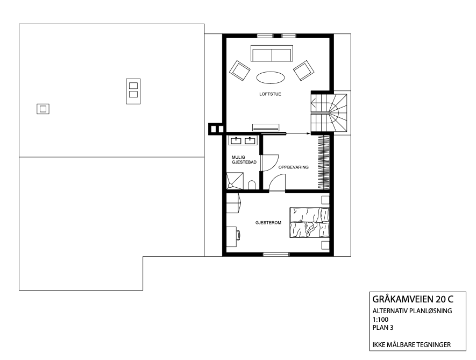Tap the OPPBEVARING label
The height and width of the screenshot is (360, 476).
(293, 167)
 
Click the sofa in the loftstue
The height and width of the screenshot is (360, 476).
(272, 55)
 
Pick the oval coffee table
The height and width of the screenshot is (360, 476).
(271, 77)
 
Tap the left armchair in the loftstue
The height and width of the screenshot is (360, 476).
(240, 70)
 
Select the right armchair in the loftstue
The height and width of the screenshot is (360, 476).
(304, 70)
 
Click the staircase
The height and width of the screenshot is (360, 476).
(330, 112)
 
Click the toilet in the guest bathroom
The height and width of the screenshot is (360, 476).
(252, 186)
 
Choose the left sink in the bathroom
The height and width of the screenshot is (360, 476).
(237, 141)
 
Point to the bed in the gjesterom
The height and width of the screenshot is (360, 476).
(309, 222)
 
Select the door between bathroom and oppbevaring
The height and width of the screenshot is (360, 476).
(269, 163)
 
